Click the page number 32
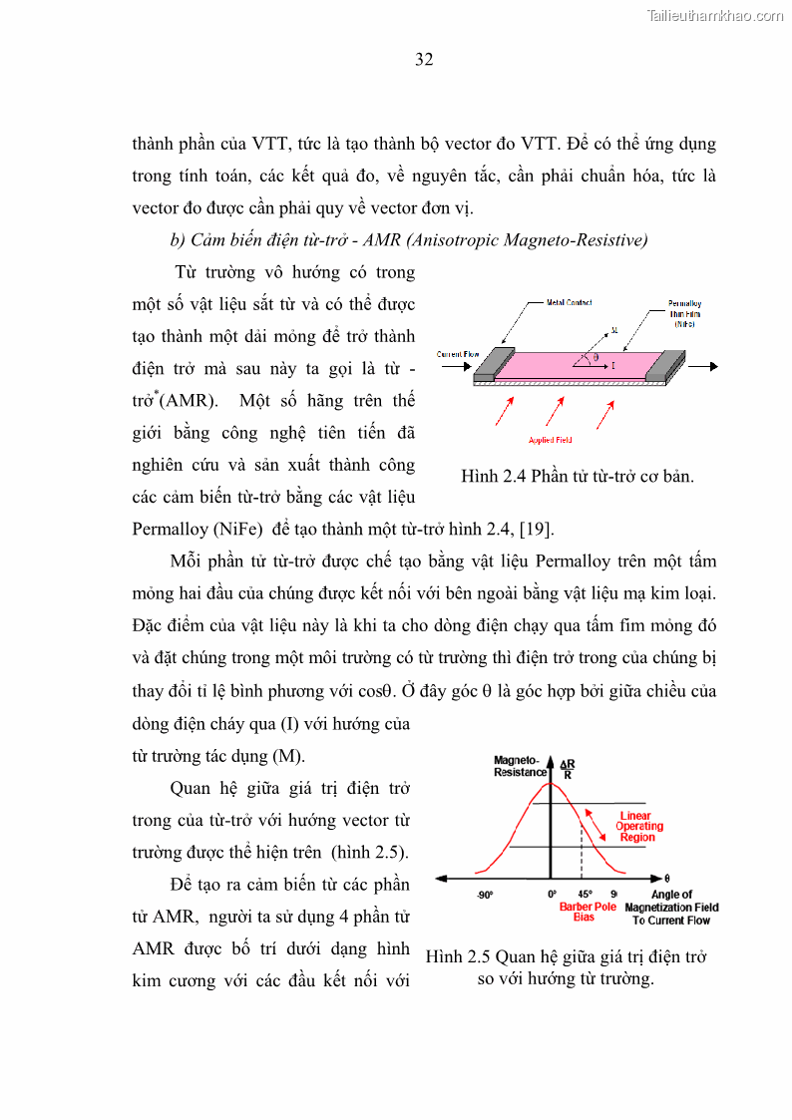click(424, 59)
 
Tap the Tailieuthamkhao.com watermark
click(715, 15)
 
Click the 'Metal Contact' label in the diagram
click(570, 302)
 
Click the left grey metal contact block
click(492, 365)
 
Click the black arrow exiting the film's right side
click(701, 366)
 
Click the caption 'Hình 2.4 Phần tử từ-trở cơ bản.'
click(577, 476)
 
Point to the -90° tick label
click(485, 895)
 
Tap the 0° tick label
click(552, 895)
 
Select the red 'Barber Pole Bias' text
click(588, 912)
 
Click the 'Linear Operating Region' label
click(638, 826)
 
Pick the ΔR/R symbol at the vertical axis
click(568, 769)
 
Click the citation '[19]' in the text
click(537, 528)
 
